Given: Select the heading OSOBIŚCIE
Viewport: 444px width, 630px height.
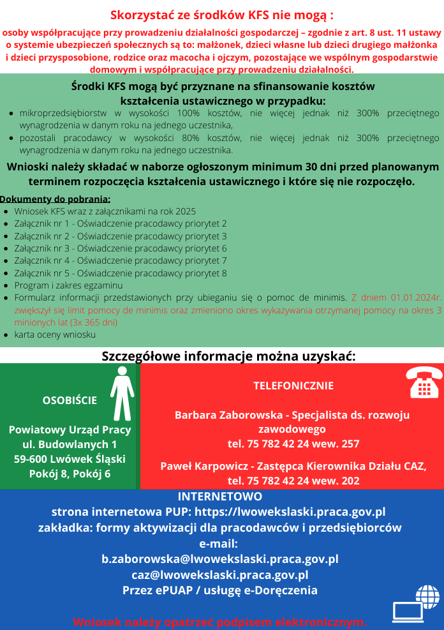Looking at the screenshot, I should pyautogui.click(x=70, y=400).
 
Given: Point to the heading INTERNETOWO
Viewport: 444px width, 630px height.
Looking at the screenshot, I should pyautogui.click(x=219, y=497).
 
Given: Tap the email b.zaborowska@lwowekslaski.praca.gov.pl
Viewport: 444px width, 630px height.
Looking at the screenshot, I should pyautogui.click(x=220, y=559).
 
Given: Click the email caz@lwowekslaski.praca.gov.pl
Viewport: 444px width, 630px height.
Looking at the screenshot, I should pyautogui.click(x=220, y=574).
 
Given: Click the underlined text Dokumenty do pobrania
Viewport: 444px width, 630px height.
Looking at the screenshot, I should pyautogui.click(x=56, y=199).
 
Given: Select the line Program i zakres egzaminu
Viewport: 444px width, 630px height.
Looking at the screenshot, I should pyautogui.click(x=68, y=285).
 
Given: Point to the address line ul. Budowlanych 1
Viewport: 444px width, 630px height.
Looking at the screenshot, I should pyautogui.click(x=70, y=444).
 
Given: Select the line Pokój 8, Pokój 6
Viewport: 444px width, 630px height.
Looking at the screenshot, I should pyautogui.click(x=70, y=473).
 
